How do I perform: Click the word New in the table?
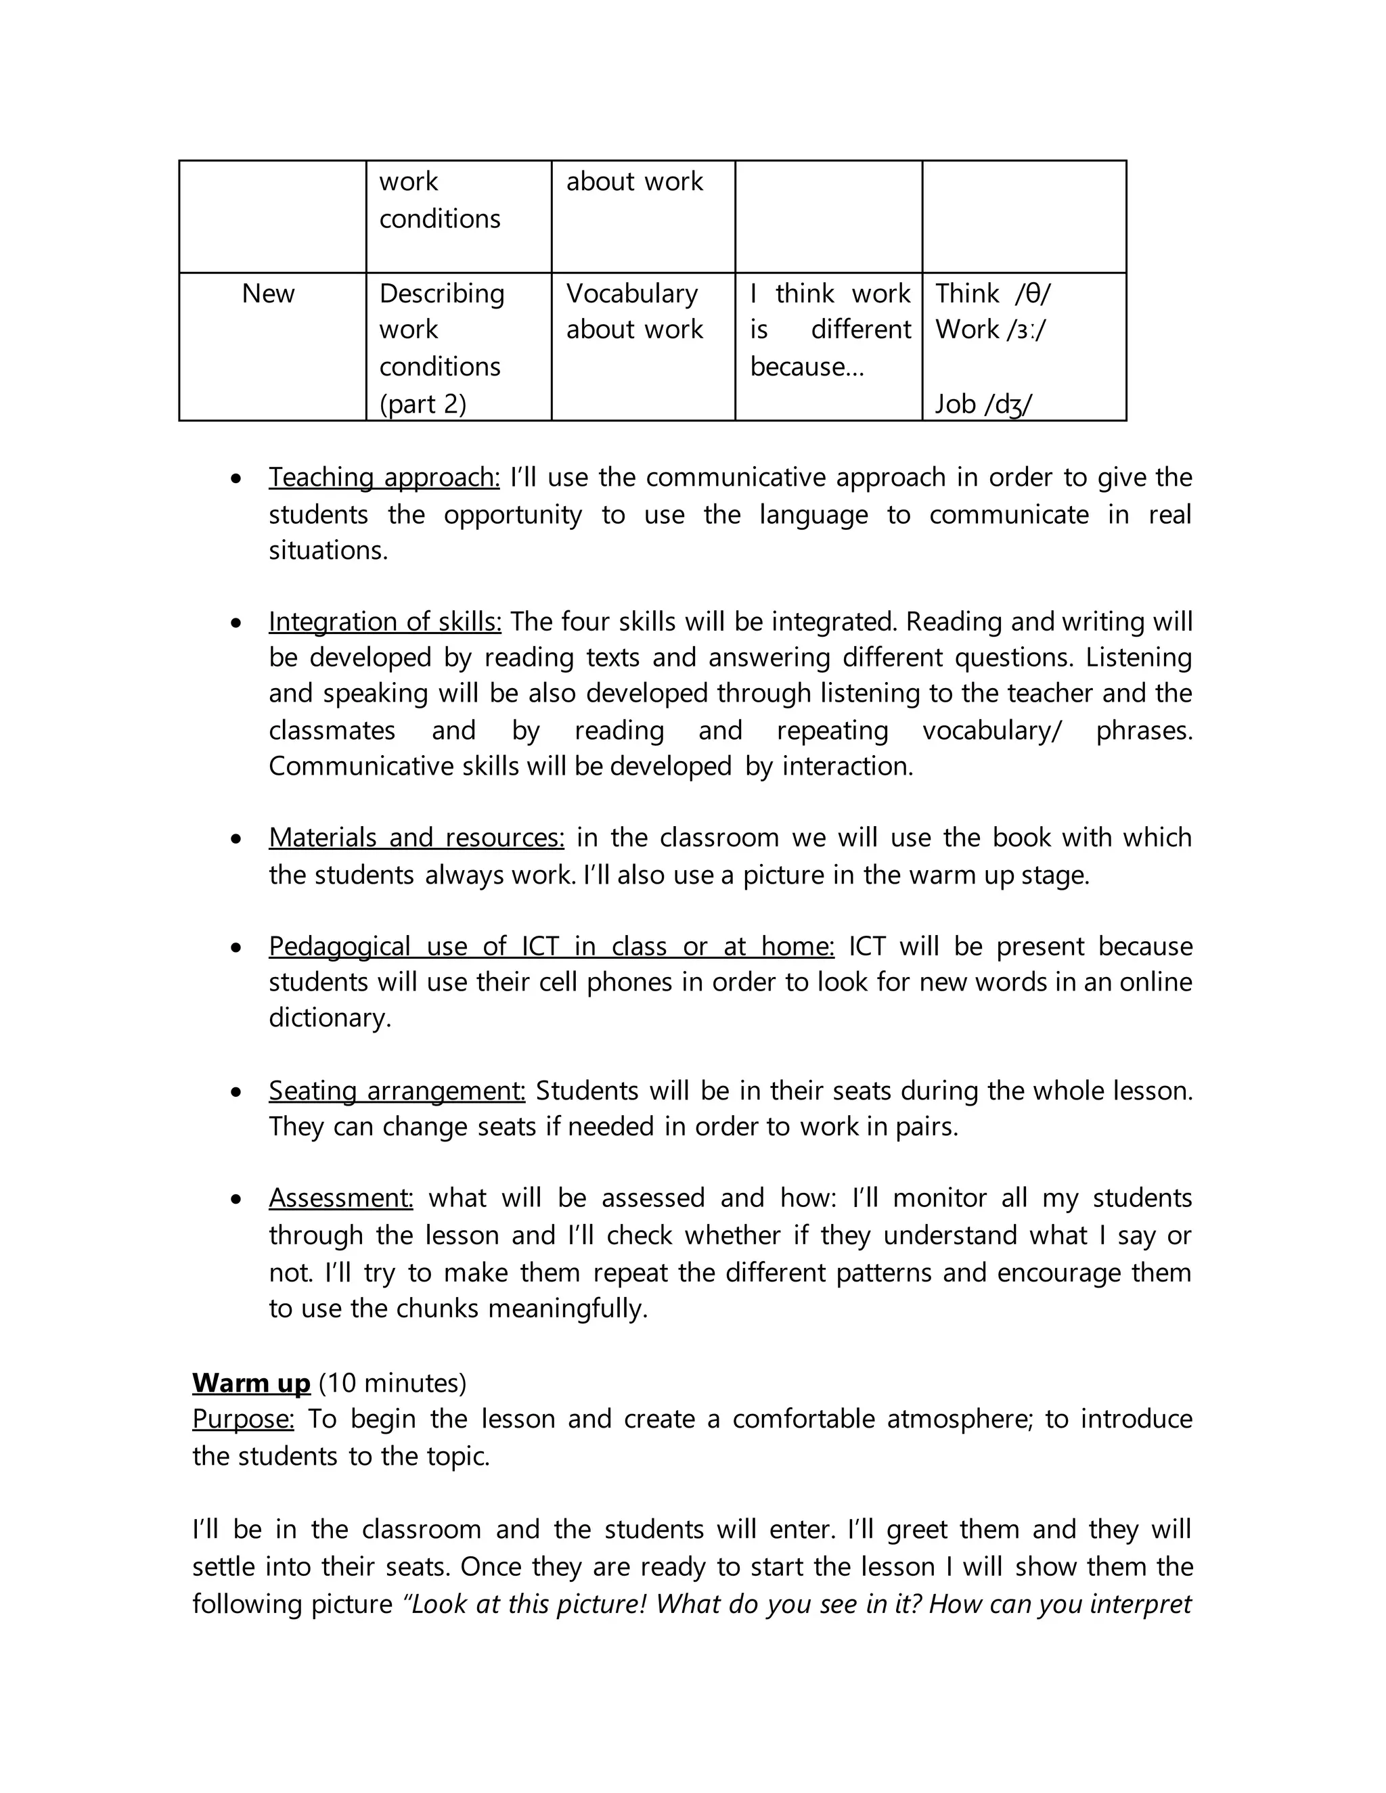click(268, 293)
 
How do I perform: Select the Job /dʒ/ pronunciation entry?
click(983, 404)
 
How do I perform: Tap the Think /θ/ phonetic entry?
click(993, 293)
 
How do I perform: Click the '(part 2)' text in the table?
click(422, 404)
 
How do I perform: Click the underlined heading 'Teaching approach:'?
click(384, 477)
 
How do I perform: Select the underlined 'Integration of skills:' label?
click(384, 622)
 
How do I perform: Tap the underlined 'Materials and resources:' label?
click(416, 838)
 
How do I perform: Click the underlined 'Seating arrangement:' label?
click(397, 1090)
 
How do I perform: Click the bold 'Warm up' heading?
click(251, 1382)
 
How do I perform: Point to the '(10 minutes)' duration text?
click(393, 1382)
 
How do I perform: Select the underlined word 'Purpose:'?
click(243, 1419)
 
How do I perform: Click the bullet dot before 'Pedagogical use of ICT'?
click(236, 947)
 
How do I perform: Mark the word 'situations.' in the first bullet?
click(328, 550)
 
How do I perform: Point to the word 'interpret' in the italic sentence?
click(1140, 1604)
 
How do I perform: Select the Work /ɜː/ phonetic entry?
click(990, 330)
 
